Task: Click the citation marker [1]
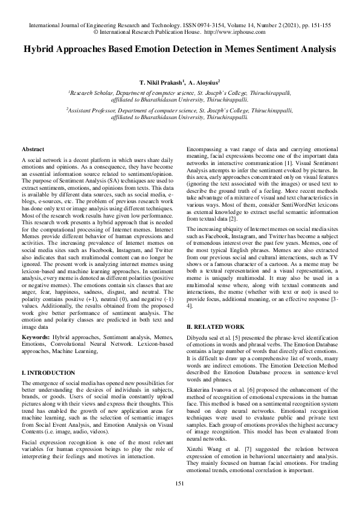289,163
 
